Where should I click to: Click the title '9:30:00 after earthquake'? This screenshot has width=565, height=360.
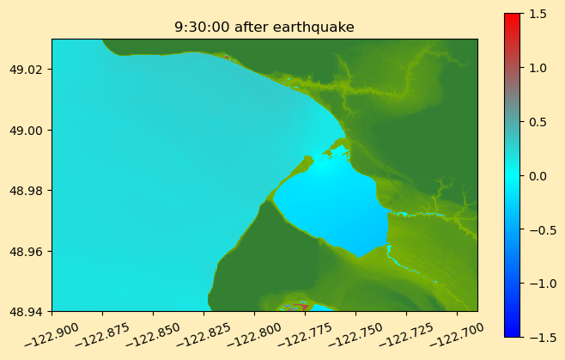click(x=264, y=27)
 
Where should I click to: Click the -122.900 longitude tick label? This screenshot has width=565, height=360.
click(x=52, y=334)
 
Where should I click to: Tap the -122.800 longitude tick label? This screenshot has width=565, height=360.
click(x=254, y=334)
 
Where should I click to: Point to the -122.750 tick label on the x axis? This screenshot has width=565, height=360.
click(x=355, y=334)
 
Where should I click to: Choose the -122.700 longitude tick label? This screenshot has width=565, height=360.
click(x=457, y=334)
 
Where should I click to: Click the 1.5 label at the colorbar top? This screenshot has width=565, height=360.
click(x=538, y=14)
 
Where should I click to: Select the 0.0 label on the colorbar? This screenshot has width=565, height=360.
click(x=538, y=176)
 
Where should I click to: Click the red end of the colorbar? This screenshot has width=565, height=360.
click(x=513, y=17)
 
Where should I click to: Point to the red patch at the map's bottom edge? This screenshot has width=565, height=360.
click(x=301, y=307)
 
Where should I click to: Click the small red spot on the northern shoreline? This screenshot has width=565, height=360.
click(x=227, y=57)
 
